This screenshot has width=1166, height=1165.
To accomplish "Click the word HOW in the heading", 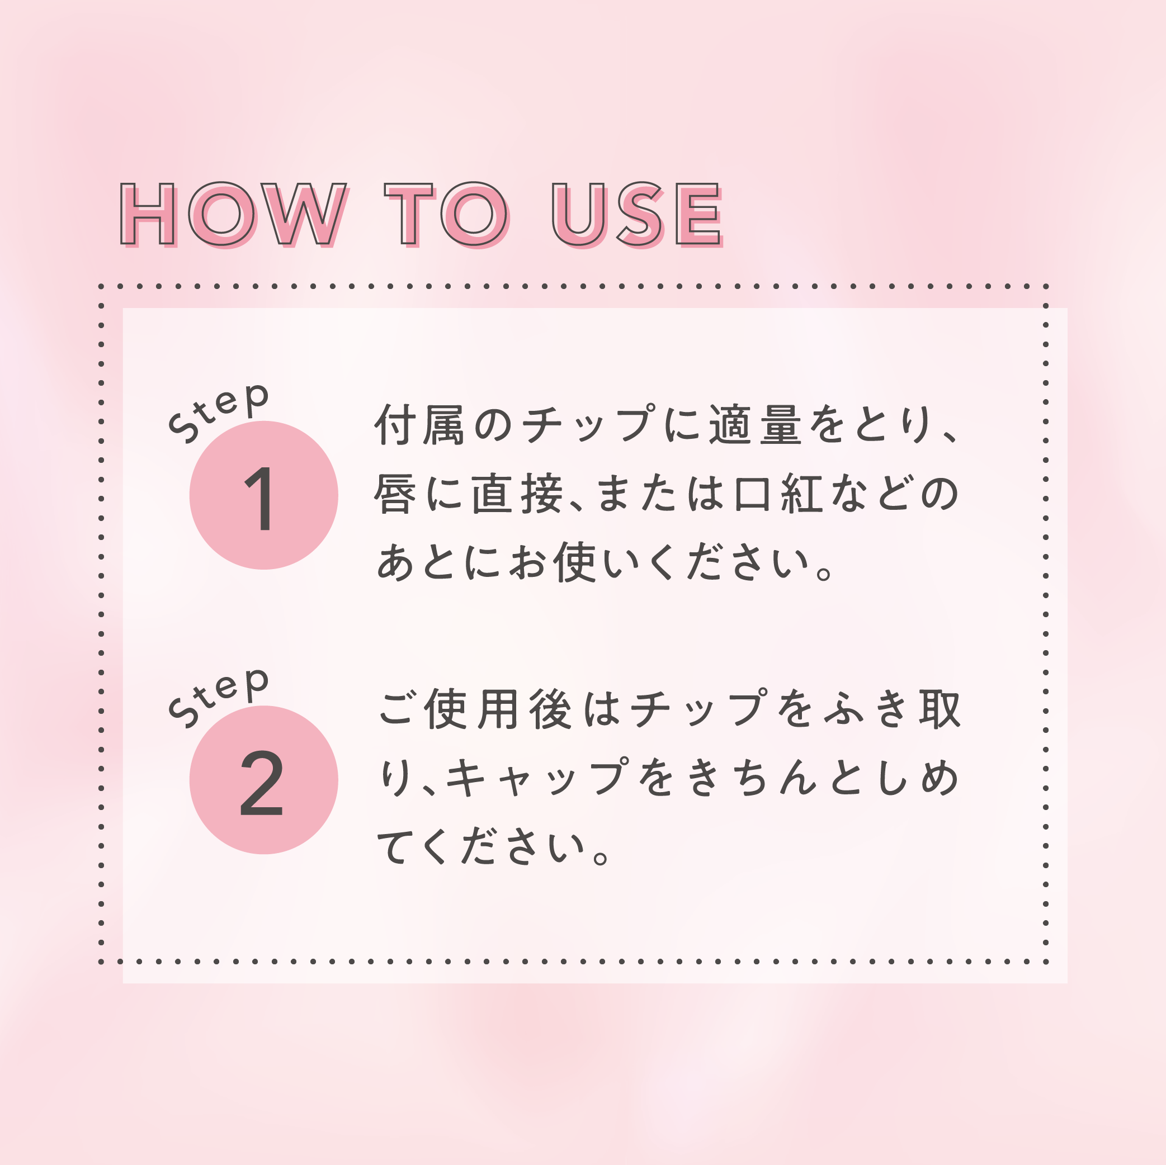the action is tap(234, 214).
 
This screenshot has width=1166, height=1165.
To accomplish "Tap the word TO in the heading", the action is tap(447, 214).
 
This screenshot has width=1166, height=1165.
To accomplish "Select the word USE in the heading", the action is tap(638, 214).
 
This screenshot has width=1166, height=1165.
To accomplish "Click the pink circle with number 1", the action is tap(264, 495).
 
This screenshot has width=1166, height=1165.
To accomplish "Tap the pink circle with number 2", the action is tap(264, 779).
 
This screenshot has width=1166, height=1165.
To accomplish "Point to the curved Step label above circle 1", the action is tap(218, 413).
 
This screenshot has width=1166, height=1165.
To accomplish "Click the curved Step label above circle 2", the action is tap(218, 698).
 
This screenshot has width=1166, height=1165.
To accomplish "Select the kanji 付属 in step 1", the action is tap(419, 425).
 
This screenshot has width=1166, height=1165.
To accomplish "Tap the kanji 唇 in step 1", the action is tap(395, 493).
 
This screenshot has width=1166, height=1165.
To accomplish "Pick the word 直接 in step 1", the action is tap(517, 493).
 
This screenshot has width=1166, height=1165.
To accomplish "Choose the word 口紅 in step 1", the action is tap(778, 493).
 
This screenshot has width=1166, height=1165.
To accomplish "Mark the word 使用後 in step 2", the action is tap(498, 709).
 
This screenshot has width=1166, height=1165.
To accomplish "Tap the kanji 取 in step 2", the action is tap(940, 709).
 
